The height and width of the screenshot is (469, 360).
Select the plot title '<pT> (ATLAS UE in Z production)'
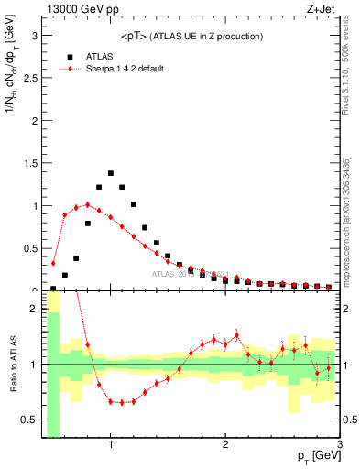[x=191, y=36]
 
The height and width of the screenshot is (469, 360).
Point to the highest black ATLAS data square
[x=111, y=173]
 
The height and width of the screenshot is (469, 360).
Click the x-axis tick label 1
[x=111, y=445]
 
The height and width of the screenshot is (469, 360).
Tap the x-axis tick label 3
[x=339, y=445]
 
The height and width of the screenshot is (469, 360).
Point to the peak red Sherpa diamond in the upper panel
[x=88, y=205]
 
